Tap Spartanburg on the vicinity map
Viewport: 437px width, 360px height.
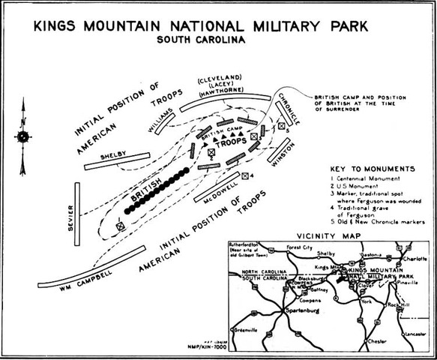[x=299, y=311]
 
